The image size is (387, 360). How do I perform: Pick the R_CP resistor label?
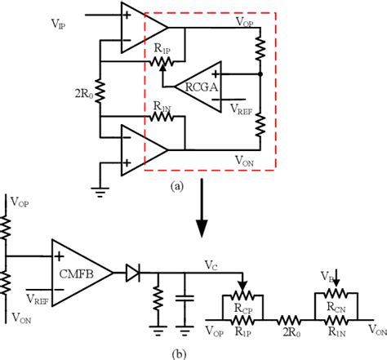click(242, 309)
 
